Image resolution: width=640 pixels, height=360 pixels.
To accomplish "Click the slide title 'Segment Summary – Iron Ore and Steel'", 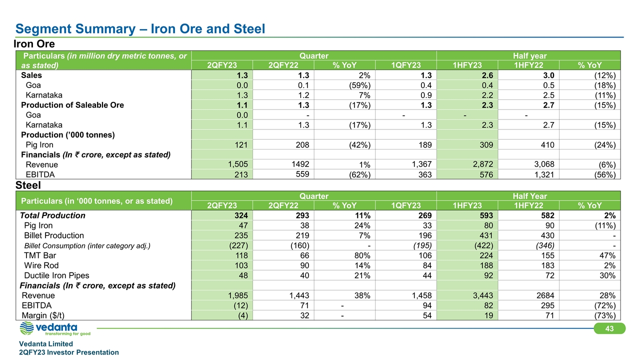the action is [140, 29].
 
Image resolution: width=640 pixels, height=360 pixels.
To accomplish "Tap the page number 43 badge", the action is [609, 328].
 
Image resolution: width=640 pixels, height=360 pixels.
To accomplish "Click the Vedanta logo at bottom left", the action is [55, 328].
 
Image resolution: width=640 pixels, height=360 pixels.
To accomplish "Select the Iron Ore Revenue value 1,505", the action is [237, 164].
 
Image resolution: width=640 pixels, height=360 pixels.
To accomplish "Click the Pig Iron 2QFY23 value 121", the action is [241, 145].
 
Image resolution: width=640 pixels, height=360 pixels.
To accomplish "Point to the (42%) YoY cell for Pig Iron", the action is [359, 145].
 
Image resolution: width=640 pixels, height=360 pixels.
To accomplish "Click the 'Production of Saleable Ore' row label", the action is [72, 105].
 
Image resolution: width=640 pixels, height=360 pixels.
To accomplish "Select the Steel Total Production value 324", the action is [241, 215].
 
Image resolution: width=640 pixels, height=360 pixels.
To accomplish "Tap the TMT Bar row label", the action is [40, 255].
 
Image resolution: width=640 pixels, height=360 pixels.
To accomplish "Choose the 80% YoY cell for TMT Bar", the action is [362, 255].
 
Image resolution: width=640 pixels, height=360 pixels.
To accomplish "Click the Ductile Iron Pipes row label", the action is [56, 275].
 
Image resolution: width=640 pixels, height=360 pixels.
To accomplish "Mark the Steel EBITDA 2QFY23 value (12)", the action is [240, 305].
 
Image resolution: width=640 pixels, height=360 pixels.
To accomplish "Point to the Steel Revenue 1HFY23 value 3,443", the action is [483, 295].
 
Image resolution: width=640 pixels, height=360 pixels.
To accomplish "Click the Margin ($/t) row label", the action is [43, 315].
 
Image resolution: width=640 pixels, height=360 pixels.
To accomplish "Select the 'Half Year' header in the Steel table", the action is [529, 196].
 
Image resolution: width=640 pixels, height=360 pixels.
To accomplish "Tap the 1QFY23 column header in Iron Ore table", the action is [405, 65].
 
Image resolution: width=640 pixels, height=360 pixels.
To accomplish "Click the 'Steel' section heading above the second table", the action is [28, 185].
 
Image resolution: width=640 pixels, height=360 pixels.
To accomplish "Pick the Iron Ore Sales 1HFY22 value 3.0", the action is [548, 75].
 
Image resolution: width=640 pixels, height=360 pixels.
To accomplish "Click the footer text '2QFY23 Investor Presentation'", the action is [69, 352].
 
